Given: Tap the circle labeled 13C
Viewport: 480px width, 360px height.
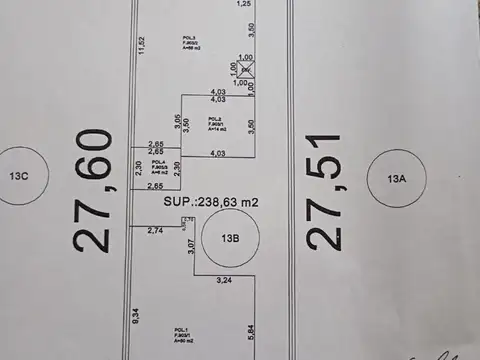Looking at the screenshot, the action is [x=19, y=176].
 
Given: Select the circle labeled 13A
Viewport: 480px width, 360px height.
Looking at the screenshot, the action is [x=398, y=179].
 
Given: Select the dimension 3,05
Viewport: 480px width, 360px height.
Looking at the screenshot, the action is [x=176, y=124].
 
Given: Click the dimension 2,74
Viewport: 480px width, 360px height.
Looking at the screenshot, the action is [x=154, y=231].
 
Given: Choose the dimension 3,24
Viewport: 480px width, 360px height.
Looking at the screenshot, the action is [x=223, y=282].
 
